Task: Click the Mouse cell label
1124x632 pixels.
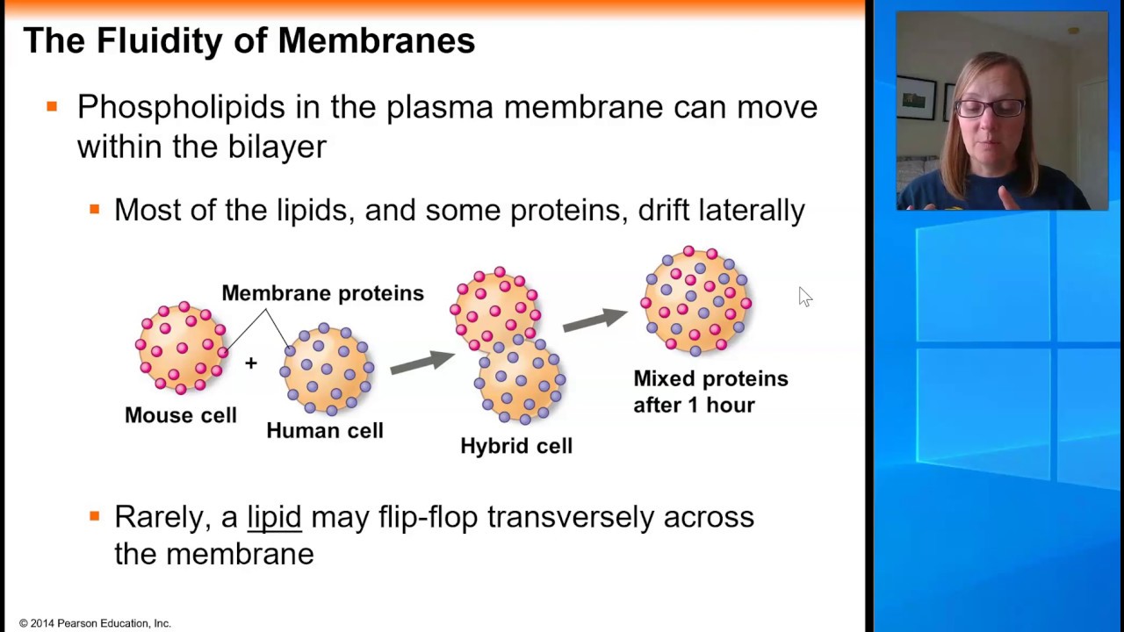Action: point(180,415)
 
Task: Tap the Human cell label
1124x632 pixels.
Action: point(325,430)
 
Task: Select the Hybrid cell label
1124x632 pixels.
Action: point(516,446)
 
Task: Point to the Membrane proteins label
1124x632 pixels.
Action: point(322,293)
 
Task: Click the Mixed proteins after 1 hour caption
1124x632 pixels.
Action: point(710,391)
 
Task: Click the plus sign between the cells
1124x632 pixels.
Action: point(251,363)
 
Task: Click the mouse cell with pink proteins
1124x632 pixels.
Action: point(182,347)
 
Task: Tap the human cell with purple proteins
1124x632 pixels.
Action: point(327,370)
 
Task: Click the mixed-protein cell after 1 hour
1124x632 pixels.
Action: point(696,301)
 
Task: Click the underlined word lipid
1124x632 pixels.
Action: point(274,517)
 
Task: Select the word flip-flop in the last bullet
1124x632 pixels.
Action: point(429,517)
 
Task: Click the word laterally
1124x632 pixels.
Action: point(751,210)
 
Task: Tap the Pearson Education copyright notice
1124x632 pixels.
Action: point(95,623)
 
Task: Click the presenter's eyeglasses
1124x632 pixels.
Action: point(991,108)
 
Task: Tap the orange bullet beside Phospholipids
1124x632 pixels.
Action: point(52,107)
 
